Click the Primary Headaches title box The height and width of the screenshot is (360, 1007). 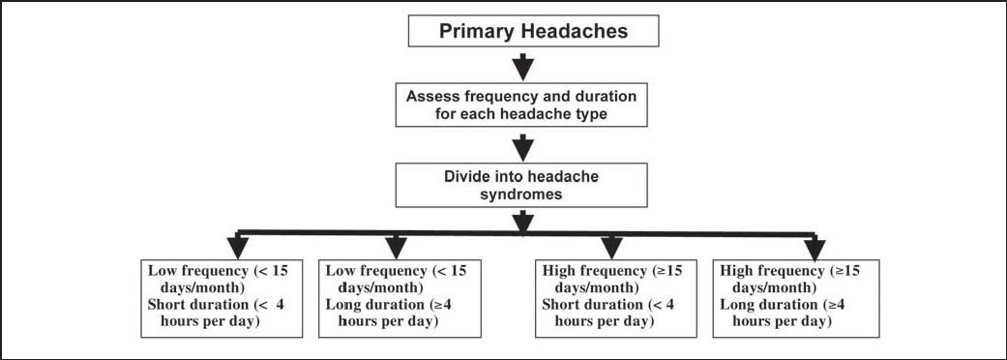(534, 31)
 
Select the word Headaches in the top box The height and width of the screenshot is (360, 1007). (579, 31)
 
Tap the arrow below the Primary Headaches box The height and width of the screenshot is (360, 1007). (522, 66)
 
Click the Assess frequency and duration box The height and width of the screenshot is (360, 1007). (522, 106)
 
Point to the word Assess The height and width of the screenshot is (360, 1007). (433, 98)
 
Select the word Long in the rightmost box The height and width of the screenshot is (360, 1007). (737, 305)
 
